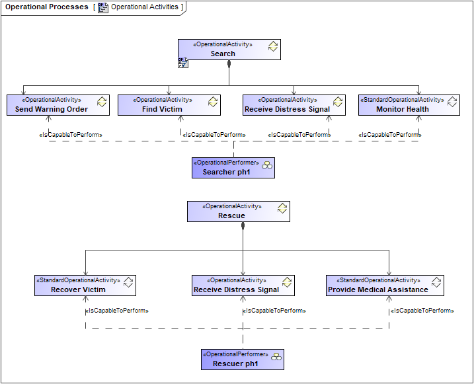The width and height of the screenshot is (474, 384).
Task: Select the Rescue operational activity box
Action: click(238, 211)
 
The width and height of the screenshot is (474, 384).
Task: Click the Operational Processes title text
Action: click(46, 7)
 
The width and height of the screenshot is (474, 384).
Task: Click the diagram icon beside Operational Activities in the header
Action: click(103, 7)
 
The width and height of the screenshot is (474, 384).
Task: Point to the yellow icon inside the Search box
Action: click(272, 46)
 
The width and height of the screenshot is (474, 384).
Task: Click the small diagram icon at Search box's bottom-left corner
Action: click(183, 63)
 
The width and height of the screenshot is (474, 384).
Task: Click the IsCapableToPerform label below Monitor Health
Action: click(389, 135)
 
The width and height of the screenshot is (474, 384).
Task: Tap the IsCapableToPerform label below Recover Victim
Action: click(117, 311)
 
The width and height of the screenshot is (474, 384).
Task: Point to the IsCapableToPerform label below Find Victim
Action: click(214, 135)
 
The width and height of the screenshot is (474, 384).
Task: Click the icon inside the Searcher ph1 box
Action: click(266, 165)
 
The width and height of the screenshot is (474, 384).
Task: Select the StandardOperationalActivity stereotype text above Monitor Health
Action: click(402, 100)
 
